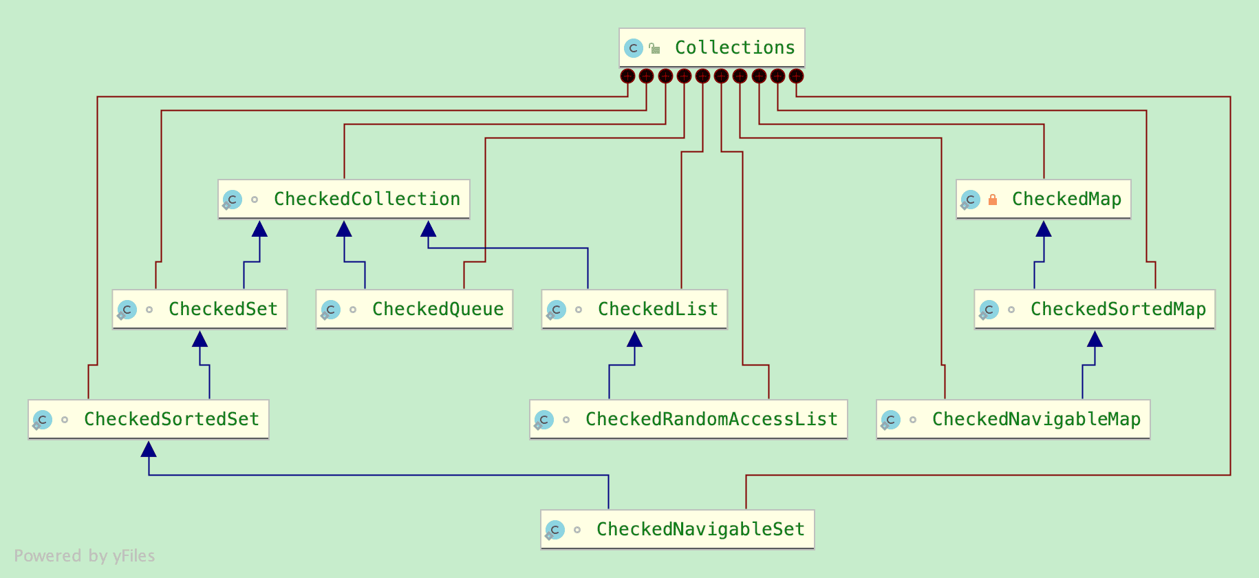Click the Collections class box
coord(711,47)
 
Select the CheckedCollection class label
coord(367,199)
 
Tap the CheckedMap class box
coord(1043,199)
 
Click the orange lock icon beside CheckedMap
coord(993,200)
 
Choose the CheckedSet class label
coord(223,309)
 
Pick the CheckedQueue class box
coord(414,309)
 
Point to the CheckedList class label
coord(658,309)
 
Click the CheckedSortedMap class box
coord(1094,309)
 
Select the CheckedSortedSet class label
coord(171,419)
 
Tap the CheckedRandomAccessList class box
coord(688,419)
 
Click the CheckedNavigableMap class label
coord(1036,419)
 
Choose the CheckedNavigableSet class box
coord(677,529)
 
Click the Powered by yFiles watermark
coord(85,556)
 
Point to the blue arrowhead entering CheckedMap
coord(1044,228)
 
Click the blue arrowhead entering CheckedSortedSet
coord(149,449)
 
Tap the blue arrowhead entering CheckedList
coord(635,339)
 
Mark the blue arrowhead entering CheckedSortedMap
coord(1095,339)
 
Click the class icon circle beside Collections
coord(634,48)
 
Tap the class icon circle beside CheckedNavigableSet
coord(555,530)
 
